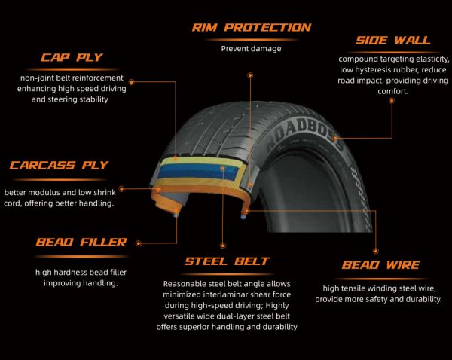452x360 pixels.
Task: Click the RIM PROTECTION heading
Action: [252, 28]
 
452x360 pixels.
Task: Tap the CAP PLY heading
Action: [72, 57]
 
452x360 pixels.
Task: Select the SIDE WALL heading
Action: [393, 40]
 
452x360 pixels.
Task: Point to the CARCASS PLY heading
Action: [59, 165]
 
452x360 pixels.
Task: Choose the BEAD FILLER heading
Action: [81, 242]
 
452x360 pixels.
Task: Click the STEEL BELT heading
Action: [228, 261]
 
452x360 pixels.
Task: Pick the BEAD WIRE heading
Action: [380, 265]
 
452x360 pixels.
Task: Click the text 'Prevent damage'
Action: [251, 49]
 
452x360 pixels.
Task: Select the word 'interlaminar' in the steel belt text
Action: [224, 294]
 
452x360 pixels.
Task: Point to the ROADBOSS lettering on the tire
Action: [305, 135]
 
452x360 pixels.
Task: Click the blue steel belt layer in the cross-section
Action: [199, 171]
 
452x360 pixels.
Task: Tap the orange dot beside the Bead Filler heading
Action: [139, 243]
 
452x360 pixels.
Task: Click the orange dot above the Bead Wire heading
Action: [376, 251]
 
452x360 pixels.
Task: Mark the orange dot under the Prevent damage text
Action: [250, 75]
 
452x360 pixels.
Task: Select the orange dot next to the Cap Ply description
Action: [132, 82]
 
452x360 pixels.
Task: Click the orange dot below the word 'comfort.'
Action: [392, 101]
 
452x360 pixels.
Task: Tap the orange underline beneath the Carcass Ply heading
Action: [60, 179]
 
